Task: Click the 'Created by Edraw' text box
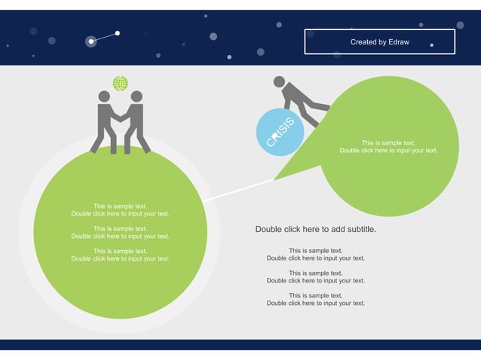(x=379, y=42)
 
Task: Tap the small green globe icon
(x=120, y=83)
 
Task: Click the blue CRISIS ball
(x=280, y=132)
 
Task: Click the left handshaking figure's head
(x=104, y=96)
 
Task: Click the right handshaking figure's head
(x=136, y=96)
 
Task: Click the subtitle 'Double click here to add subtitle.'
(x=315, y=229)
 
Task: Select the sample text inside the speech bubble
(x=388, y=146)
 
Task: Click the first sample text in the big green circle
(x=121, y=209)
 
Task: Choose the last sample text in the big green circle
(x=121, y=255)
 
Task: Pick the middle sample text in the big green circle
(x=121, y=232)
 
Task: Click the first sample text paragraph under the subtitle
(x=315, y=254)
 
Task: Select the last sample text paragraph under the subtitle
(x=315, y=299)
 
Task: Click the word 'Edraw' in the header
(x=399, y=42)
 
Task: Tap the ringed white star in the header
(x=91, y=41)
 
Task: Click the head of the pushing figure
(x=279, y=81)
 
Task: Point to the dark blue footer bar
(x=240, y=344)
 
